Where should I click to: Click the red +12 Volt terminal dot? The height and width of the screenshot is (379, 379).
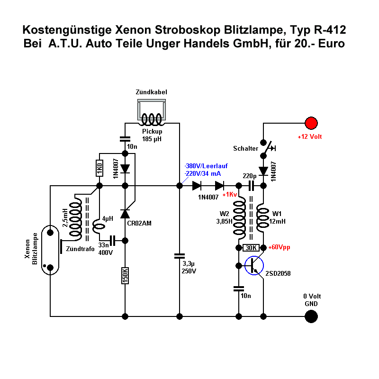pyautogui.click(x=311, y=123)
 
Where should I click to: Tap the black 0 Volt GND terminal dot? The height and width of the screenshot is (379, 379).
pyautogui.click(x=311, y=316)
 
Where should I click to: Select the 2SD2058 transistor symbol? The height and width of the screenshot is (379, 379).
pyautogui.click(x=254, y=266)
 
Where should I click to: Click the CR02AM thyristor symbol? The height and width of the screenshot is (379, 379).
pyautogui.click(x=125, y=215)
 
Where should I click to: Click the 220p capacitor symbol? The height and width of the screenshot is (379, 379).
pyautogui.click(x=251, y=186)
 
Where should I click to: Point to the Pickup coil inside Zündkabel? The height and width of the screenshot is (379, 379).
pyautogui.click(x=152, y=118)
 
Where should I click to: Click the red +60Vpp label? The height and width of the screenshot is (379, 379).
pyautogui.click(x=280, y=247)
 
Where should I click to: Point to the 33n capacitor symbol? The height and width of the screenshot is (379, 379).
pyautogui.click(x=113, y=241)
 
